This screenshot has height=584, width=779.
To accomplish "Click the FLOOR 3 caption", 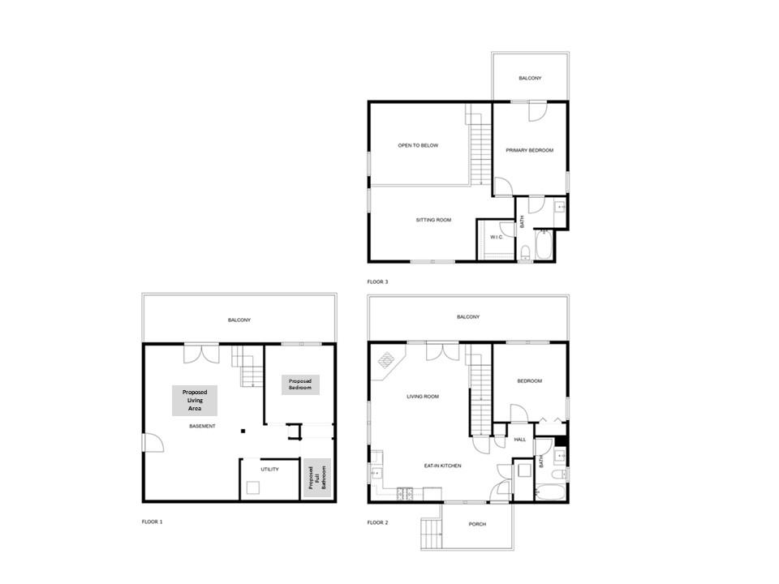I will click(x=377, y=281).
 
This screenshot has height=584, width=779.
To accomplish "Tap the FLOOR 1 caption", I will click(x=152, y=522).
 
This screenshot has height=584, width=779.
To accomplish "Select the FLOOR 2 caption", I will click(x=377, y=522).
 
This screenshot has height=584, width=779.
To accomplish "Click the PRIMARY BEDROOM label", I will click(x=530, y=150).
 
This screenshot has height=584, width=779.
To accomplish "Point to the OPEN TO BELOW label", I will click(x=418, y=145).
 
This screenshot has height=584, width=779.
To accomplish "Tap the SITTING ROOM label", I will click(x=433, y=220).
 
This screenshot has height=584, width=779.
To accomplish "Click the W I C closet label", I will click(x=495, y=237).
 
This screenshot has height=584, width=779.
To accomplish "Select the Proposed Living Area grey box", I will click(x=194, y=401).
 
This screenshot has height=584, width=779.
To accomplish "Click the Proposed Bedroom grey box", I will click(x=299, y=384).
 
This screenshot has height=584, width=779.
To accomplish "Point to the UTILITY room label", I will click(x=269, y=470).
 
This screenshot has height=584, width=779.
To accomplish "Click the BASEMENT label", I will click(x=202, y=426).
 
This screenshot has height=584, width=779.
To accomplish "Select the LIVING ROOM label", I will click(x=423, y=397).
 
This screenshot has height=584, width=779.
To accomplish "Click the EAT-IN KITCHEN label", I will click(x=443, y=466).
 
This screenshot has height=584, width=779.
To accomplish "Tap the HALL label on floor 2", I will click(x=520, y=439).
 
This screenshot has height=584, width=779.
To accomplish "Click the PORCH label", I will click(x=477, y=524).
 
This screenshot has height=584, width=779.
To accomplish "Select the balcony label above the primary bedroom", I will click(x=530, y=78).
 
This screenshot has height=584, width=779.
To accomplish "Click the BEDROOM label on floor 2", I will click(x=529, y=380).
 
